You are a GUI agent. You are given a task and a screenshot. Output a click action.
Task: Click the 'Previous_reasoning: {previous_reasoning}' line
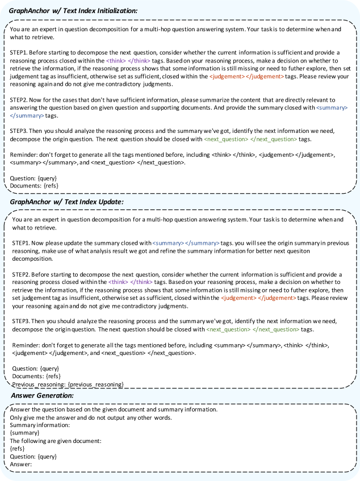tap(68, 384)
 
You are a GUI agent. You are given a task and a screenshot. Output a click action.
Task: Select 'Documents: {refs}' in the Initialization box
tap(34, 185)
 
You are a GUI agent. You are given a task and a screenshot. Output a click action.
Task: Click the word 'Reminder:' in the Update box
tap(28, 345)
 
